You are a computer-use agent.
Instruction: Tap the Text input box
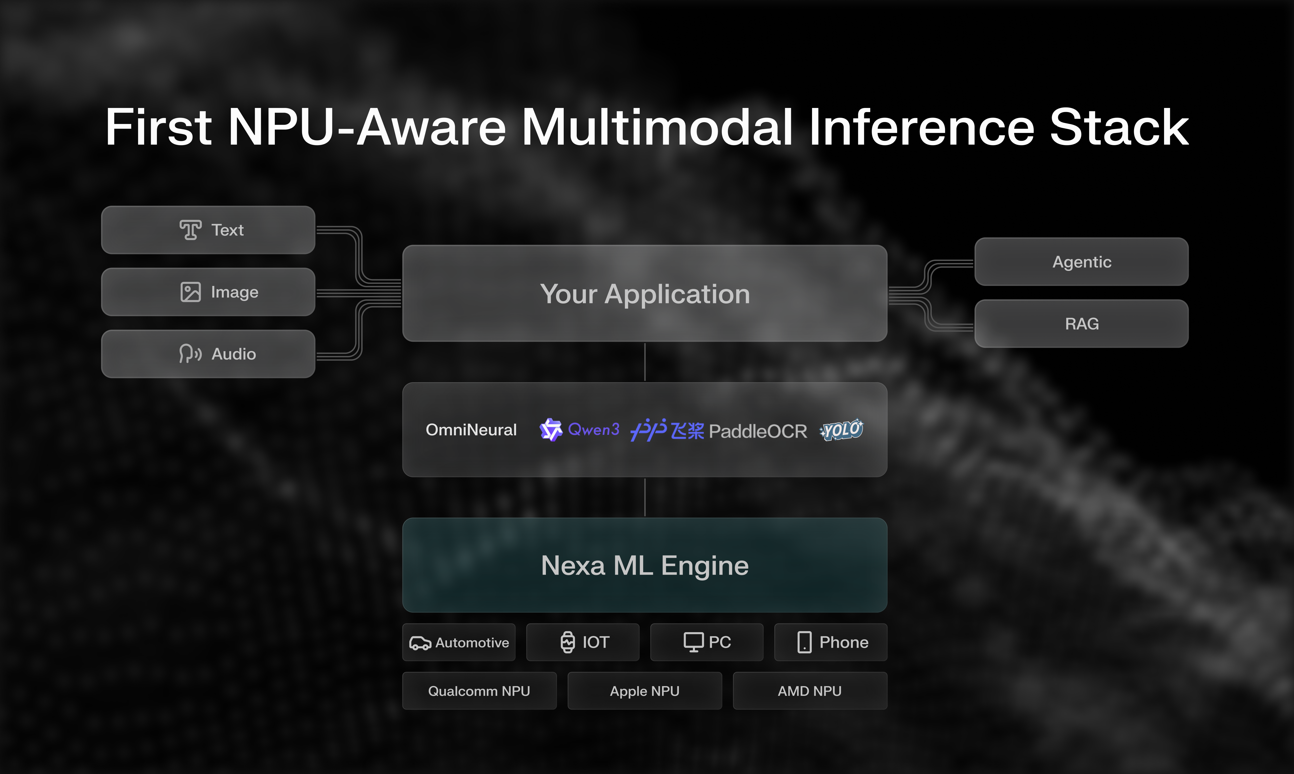(x=208, y=230)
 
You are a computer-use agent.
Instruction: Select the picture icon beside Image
(x=191, y=292)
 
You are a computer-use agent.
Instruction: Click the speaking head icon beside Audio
(x=190, y=354)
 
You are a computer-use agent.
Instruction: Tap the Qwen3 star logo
(x=550, y=430)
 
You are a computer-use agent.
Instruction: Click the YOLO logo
(x=842, y=430)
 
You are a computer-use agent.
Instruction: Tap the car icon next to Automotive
(x=420, y=643)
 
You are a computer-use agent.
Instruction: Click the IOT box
(x=583, y=642)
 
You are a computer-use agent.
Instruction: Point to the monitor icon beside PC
(x=693, y=642)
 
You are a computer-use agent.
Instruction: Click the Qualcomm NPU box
(x=479, y=691)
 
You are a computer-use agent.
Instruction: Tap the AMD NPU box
(x=810, y=691)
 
